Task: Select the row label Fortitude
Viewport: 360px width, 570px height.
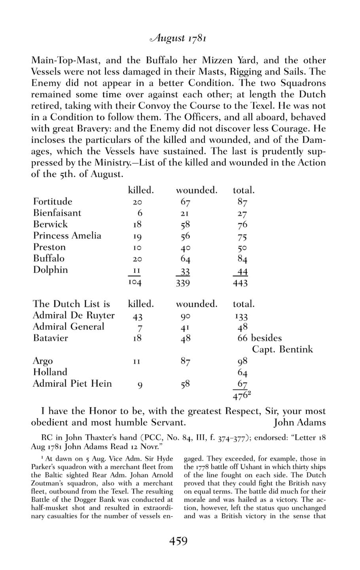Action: pyautogui.click(x=53, y=201)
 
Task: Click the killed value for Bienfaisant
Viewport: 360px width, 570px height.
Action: pyautogui.click(x=140, y=213)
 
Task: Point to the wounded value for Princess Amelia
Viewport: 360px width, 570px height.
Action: pyautogui.click(x=185, y=236)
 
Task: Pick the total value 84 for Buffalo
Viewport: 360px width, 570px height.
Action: pyautogui.click(x=243, y=259)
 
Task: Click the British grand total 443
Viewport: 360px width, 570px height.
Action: pyautogui.click(x=240, y=283)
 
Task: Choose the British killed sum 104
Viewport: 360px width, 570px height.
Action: pyautogui.click(x=135, y=283)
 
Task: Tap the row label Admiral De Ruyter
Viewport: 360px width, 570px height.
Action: pyautogui.click(x=74, y=315)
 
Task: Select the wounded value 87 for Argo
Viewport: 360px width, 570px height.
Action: pyautogui.click(x=185, y=361)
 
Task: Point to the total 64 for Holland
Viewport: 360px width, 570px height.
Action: pyautogui.click(x=243, y=373)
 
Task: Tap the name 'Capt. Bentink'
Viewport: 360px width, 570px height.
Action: pyautogui.click(x=282, y=350)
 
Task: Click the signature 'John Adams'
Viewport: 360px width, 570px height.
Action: pyautogui.click(x=299, y=422)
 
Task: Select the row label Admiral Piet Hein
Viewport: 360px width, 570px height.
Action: pyautogui.click(x=72, y=384)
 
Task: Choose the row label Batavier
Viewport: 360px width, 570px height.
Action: pyautogui.click(x=50, y=338)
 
